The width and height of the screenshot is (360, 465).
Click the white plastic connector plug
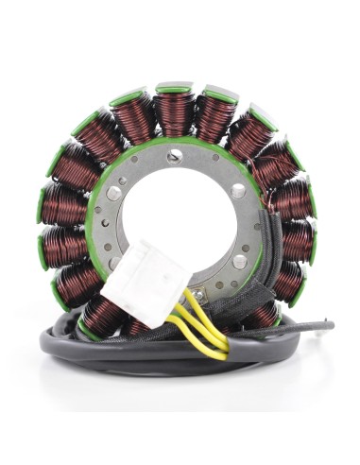coord(147,282)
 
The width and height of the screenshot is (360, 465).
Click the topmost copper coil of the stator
coord(173,112)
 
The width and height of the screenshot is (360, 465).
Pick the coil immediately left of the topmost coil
coord(135,119)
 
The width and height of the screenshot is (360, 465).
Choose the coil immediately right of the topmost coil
coord(214,117)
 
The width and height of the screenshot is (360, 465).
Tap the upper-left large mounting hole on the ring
coord(113,194)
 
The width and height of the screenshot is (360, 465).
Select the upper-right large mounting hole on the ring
coord(236,194)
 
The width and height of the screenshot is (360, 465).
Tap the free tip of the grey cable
coord(326,327)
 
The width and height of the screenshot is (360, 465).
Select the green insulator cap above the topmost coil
coord(174,88)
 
